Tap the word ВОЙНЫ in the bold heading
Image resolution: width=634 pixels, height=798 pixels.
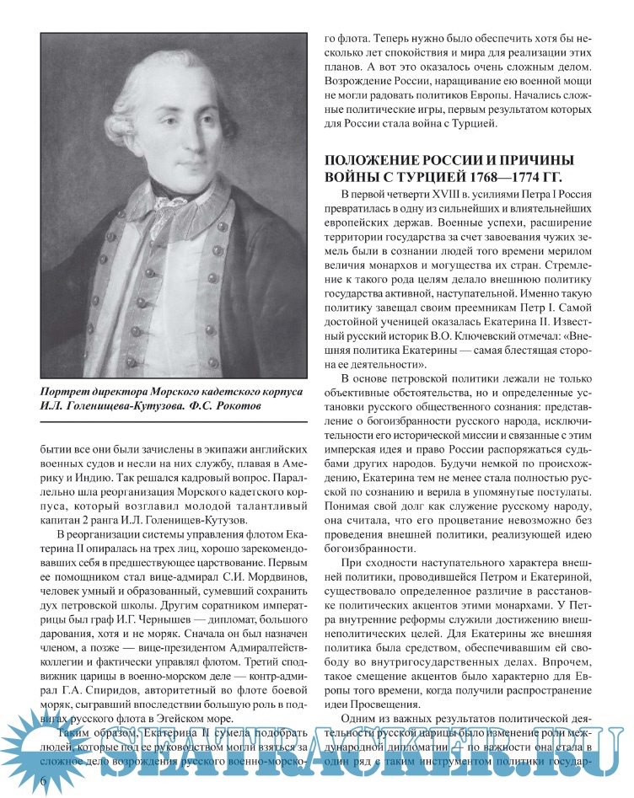tap(351, 176)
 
